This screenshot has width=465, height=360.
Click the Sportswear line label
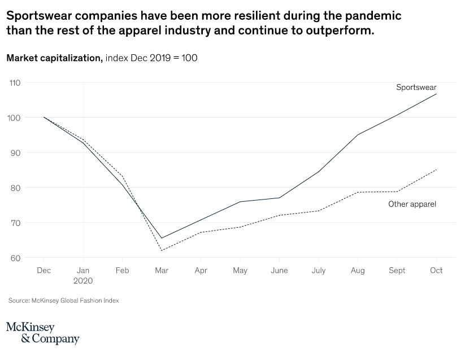416,87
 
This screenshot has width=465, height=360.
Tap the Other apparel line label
412,204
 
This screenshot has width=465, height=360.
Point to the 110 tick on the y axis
15,83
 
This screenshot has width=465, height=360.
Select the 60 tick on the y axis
15,258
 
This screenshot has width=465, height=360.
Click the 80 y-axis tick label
15,188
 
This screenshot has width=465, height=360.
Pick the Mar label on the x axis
162,271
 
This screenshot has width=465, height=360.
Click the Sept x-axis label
397,271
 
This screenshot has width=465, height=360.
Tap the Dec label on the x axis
44,271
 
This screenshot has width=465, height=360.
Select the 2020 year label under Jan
83,280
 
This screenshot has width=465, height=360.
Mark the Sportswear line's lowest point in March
162,238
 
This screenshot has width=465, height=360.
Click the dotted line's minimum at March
162,250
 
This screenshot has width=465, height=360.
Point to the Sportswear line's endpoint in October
436,94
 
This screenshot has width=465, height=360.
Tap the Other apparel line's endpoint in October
436,170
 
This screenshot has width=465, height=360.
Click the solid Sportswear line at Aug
358,135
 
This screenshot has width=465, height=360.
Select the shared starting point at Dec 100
44,117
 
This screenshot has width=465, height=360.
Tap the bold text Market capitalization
54,58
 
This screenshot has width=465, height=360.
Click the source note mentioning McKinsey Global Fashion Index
63,301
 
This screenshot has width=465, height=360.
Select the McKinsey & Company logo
42,333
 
